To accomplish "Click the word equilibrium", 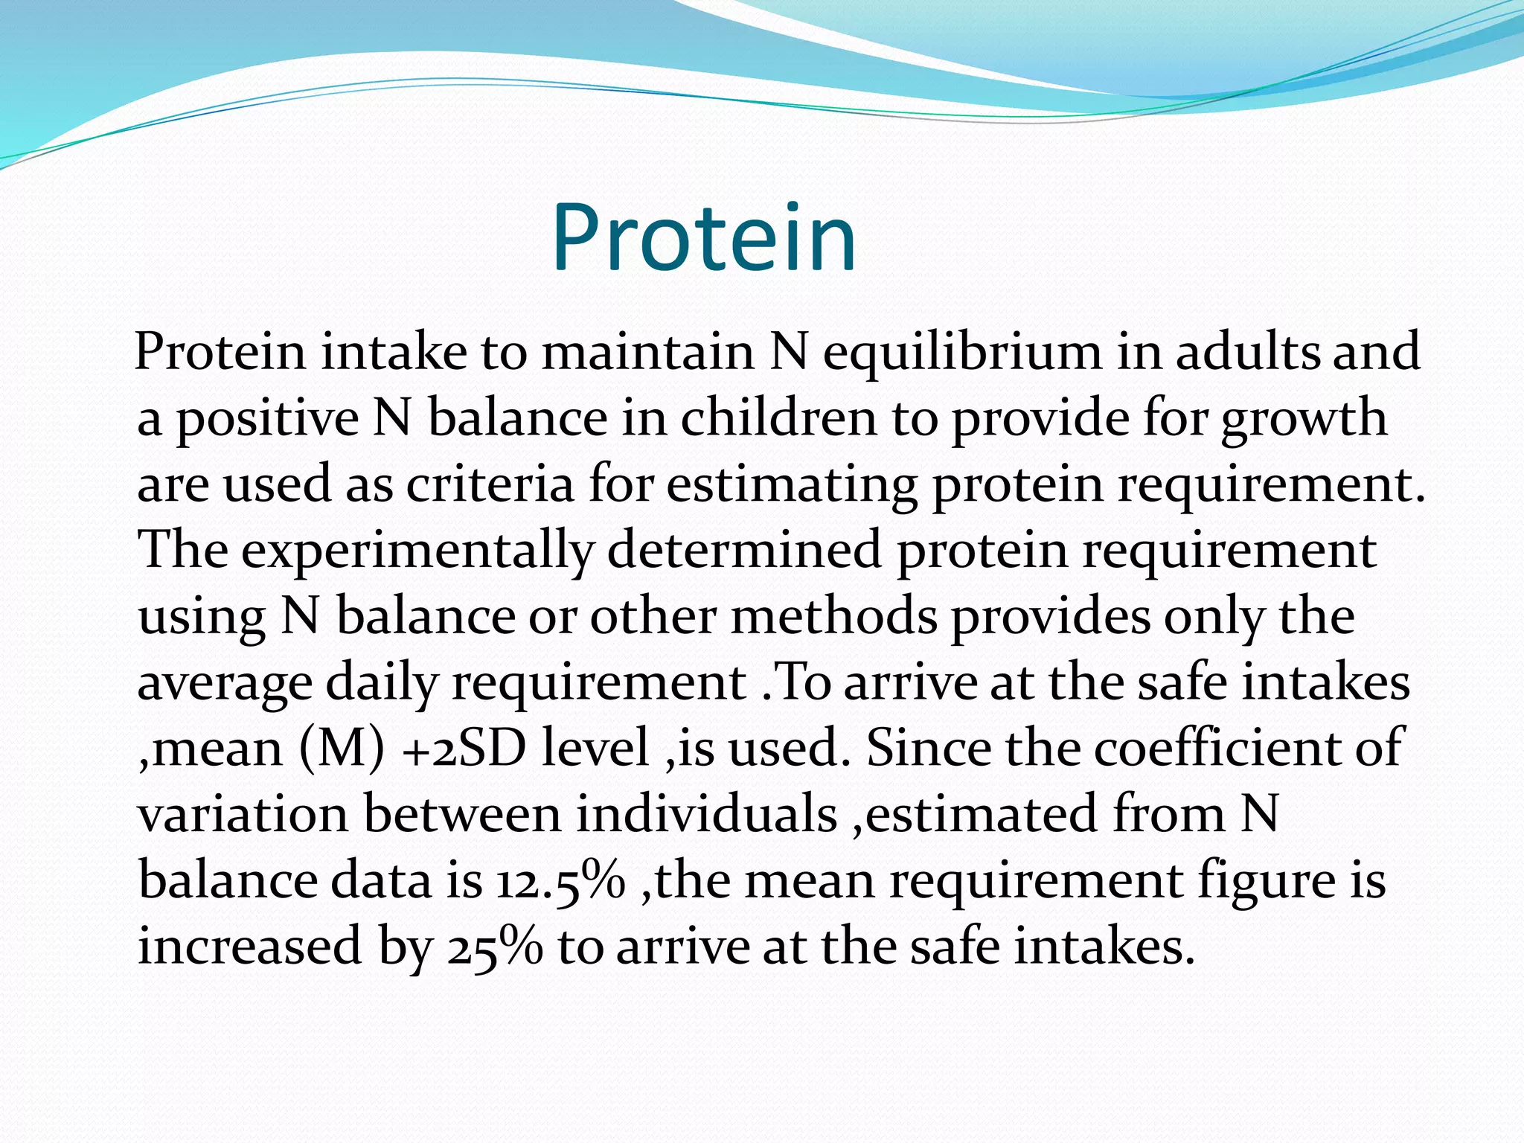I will [961, 352].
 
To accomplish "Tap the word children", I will [778, 418].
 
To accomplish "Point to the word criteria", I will [490, 484].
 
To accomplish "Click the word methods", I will [833, 616].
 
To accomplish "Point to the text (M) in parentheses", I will [342, 749].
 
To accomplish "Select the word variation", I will [243, 814].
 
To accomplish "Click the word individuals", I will [706, 814].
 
